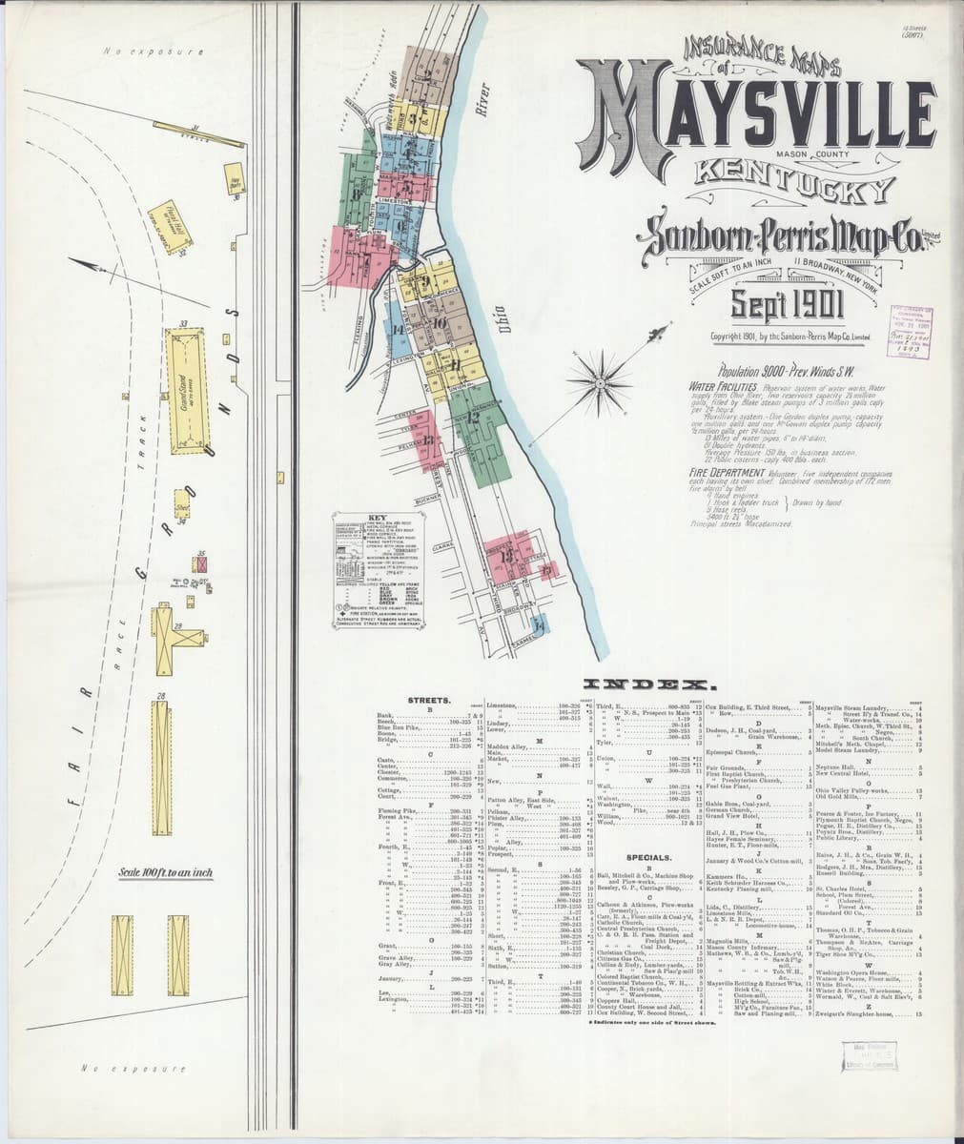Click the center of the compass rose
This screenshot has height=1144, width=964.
tap(599, 383)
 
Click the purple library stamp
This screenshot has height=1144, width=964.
tap(911, 332)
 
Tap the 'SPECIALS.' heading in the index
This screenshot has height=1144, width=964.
tap(647, 857)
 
